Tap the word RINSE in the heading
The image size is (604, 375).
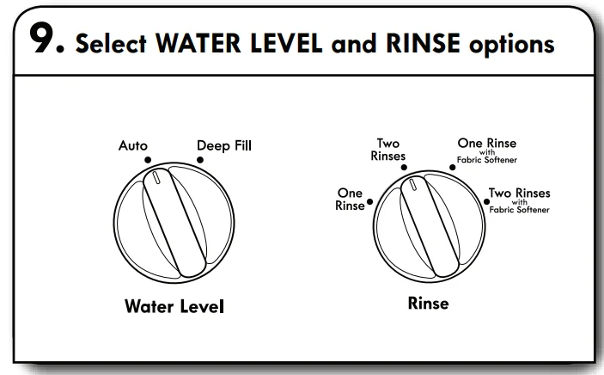coord(423,43)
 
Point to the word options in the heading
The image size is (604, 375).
coord(511,45)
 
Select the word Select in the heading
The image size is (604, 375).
coord(111,43)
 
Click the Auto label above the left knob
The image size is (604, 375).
coord(133,145)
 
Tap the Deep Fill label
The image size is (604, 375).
coord(223,145)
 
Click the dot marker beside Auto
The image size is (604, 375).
coord(148,160)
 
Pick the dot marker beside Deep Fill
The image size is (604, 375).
coord(200,160)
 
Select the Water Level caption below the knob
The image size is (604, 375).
coord(174,306)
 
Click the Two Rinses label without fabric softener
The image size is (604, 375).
coord(387,150)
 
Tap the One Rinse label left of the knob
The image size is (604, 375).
coord(350,199)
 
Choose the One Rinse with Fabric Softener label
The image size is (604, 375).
coord(487,151)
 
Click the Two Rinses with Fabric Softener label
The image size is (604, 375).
coord(519,200)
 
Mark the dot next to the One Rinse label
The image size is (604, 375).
coord(369,201)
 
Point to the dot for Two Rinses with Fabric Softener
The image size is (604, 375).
coord(486,201)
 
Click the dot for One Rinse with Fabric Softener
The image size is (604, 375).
coord(453,168)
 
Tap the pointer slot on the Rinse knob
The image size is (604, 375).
coord(412,184)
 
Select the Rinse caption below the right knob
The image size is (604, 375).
coord(429,304)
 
